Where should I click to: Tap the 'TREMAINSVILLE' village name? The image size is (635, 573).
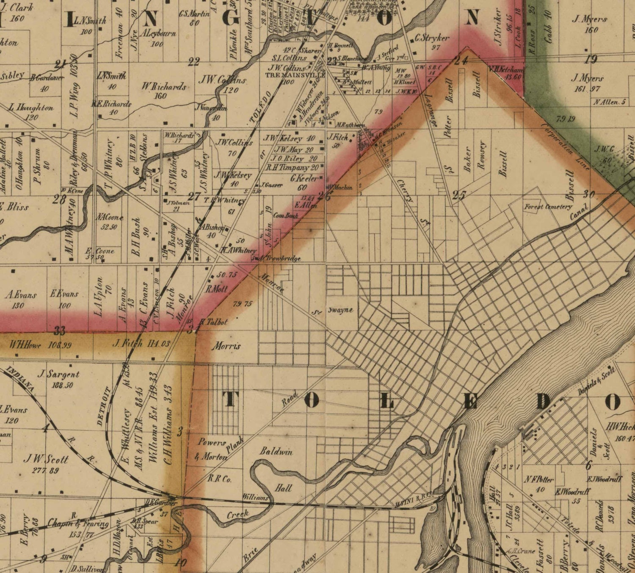[x=295, y=75]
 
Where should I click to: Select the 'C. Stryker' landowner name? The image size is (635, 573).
[x=431, y=38]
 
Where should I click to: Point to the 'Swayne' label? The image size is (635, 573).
[x=340, y=310]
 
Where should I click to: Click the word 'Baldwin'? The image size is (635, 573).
[x=276, y=452]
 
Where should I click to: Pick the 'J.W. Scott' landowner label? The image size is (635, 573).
[x=45, y=459]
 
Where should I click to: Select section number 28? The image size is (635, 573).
[x=59, y=199]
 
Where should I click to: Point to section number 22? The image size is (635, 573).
[x=193, y=62]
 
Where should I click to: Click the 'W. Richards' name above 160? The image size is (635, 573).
[x=164, y=86]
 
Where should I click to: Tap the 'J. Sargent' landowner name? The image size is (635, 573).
[x=58, y=374]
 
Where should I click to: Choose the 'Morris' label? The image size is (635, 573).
[x=226, y=346]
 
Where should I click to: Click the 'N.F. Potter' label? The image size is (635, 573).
[x=538, y=479]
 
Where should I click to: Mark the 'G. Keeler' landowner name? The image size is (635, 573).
[x=304, y=179]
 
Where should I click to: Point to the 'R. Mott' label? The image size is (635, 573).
[x=216, y=289]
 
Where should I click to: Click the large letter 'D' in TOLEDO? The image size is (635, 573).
[x=543, y=402]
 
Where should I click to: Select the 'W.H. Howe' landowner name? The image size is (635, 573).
[x=25, y=345]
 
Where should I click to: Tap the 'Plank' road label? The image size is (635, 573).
[x=235, y=449]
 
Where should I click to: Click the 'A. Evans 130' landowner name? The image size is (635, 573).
[x=20, y=295]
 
